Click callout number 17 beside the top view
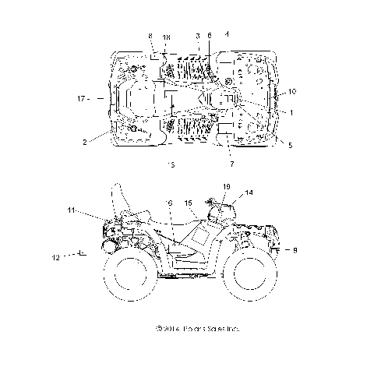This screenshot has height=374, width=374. click(x=82, y=99)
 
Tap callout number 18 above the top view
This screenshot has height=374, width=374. click(x=166, y=37)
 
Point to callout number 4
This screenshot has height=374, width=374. click(x=227, y=34)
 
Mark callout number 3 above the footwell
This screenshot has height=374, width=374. click(x=199, y=37)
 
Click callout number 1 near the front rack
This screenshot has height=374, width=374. click(x=291, y=113)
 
